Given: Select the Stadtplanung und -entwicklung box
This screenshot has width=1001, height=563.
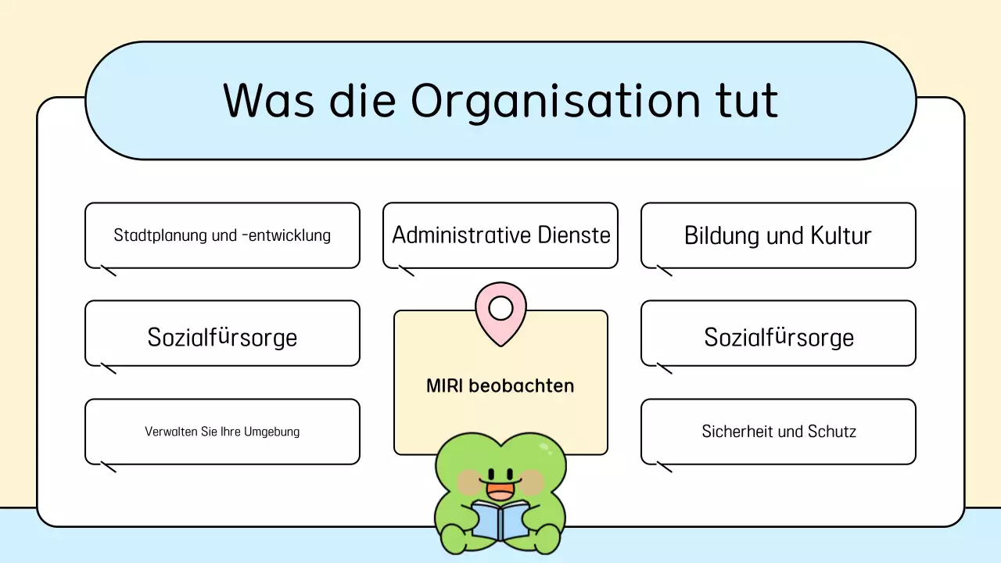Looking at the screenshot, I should [x=222, y=235].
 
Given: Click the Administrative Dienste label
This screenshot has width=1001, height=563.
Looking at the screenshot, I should [x=500, y=235].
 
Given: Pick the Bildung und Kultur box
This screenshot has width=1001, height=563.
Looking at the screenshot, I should [x=778, y=235].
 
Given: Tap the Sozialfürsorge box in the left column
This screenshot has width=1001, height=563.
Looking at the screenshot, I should [x=222, y=337].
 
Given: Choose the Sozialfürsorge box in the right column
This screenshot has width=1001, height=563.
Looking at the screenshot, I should [x=778, y=337].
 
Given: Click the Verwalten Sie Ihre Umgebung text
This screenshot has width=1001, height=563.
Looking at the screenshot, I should [x=222, y=432].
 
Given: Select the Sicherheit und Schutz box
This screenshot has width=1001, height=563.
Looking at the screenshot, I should [x=778, y=432].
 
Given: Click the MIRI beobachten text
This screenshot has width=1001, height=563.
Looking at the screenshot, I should [x=500, y=385].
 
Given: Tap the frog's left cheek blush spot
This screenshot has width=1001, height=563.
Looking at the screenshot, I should [x=470, y=480].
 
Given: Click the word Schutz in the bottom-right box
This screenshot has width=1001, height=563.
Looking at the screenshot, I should [x=831, y=432].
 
